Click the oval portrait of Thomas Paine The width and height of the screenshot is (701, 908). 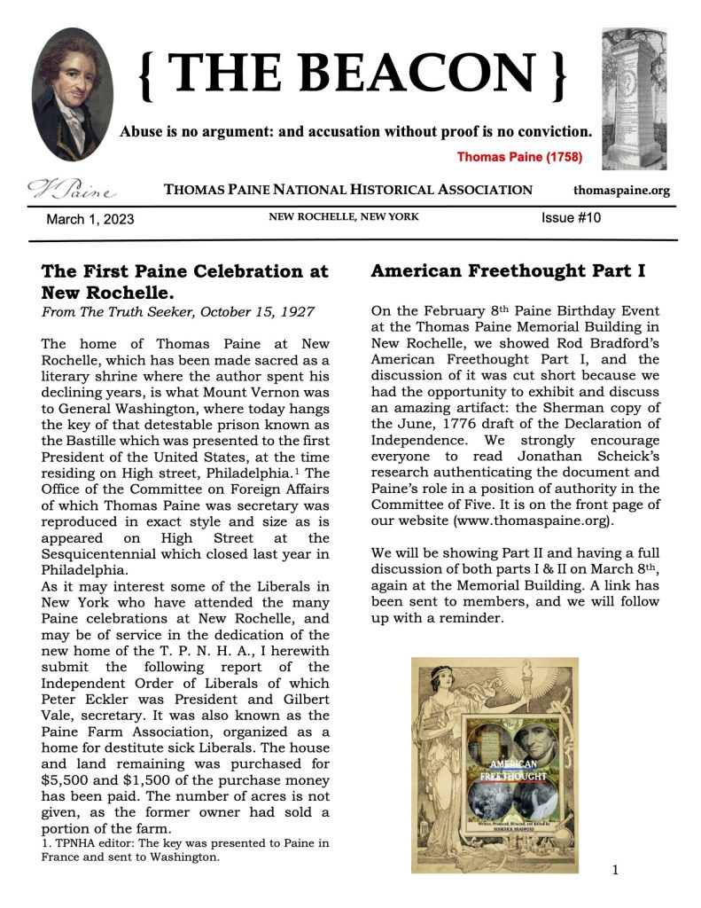[x=72, y=94]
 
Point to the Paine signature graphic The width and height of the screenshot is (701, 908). [x=72, y=189]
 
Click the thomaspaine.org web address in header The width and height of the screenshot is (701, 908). [x=621, y=190]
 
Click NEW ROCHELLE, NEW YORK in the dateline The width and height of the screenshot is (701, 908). [x=344, y=217]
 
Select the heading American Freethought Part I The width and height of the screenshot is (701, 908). [x=508, y=271]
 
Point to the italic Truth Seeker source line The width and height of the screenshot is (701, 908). [x=178, y=311]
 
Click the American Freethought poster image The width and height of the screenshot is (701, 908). [x=495, y=764]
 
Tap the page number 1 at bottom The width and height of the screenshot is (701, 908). [x=615, y=870]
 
